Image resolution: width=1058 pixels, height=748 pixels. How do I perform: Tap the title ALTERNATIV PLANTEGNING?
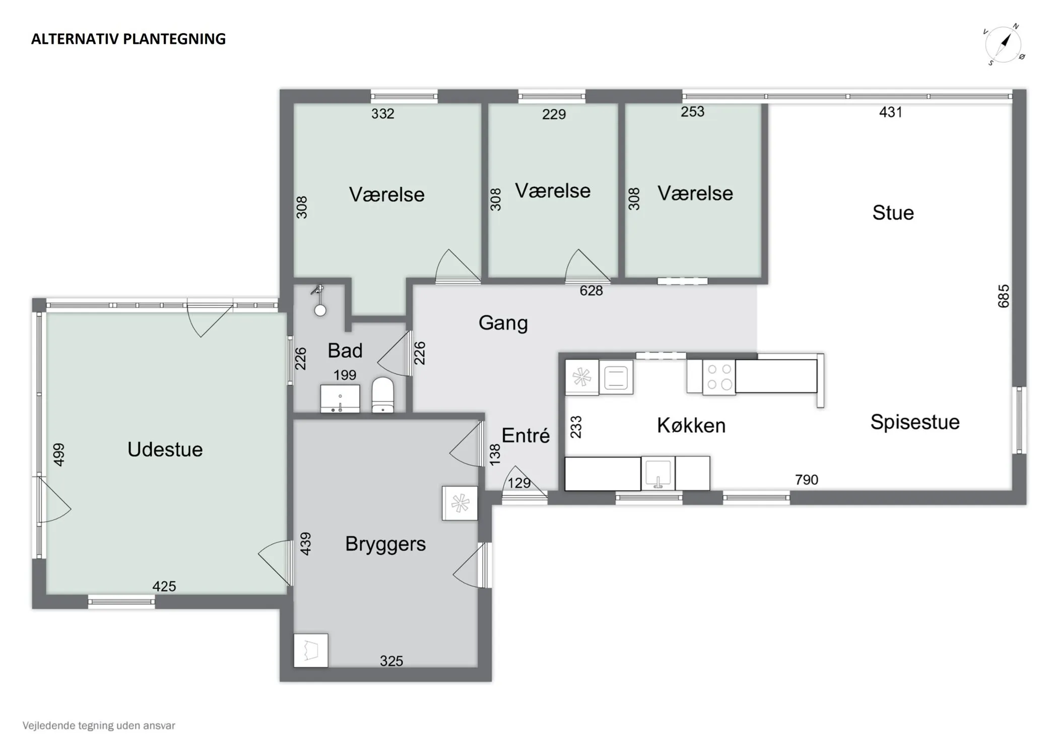click(x=128, y=39)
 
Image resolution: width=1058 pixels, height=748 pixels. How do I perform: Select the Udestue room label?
click(x=165, y=449)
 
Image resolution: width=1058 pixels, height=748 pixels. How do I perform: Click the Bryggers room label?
click(x=385, y=544)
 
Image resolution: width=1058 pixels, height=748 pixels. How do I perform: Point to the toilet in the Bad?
click(x=383, y=395)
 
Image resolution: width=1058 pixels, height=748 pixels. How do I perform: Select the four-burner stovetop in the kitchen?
click(x=719, y=377)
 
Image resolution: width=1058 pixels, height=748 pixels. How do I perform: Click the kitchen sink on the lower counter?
click(x=658, y=473)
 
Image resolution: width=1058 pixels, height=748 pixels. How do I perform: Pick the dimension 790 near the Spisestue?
click(x=807, y=480)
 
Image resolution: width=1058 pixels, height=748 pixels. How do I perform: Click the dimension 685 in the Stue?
click(x=1004, y=296)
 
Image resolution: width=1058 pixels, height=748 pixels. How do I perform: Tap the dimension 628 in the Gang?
click(x=591, y=291)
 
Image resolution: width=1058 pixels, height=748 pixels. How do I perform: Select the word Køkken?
click(x=691, y=426)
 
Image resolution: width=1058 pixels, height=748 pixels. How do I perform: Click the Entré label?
click(x=525, y=435)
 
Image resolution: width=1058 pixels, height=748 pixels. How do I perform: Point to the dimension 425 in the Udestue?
click(x=164, y=586)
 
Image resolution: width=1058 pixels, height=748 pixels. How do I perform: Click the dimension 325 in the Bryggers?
click(x=391, y=661)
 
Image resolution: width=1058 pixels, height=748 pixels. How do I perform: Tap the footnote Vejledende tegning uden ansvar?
click(x=99, y=726)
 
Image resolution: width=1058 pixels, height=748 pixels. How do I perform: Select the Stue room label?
click(x=893, y=213)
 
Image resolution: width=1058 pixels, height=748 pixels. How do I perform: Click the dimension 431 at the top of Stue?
click(x=891, y=112)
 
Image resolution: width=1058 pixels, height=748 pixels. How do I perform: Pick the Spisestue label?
click(x=915, y=422)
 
